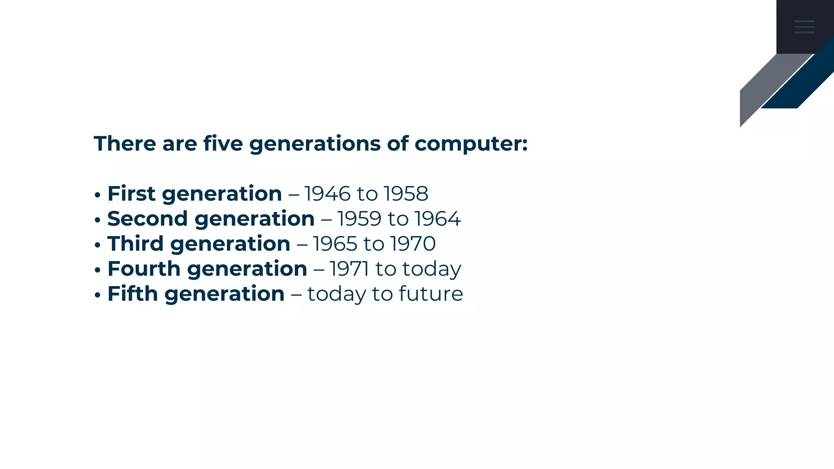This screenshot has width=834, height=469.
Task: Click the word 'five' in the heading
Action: [x=223, y=144]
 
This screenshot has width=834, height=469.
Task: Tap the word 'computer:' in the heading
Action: [x=471, y=144]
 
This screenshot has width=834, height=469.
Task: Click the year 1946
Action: [x=327, y=194]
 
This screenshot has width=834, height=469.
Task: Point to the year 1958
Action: [x=406, y=194]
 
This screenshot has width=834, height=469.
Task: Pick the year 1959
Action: [x=360, y=219]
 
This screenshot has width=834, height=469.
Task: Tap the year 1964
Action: [x=438, y=219]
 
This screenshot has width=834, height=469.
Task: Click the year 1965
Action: [x=335, y=244]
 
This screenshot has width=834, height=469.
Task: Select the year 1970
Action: [x=413, y=244]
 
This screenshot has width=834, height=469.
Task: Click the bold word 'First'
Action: [x=131, y=194]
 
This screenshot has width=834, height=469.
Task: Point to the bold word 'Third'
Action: [x=135, y=244]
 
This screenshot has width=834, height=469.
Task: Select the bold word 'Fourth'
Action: [x=144, y=269]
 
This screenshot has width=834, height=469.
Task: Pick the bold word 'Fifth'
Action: [x=132, y=294]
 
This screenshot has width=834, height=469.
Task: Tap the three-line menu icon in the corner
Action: [x=805, y=26]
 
